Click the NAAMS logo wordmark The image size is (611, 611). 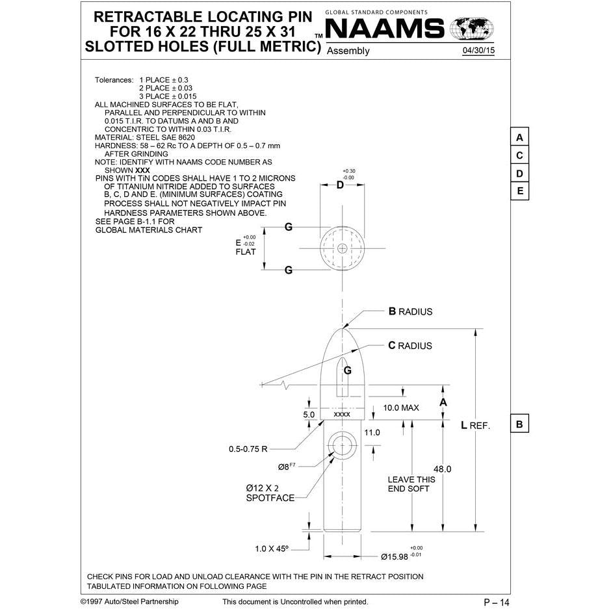[384, 29]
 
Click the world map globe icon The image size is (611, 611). [472, 29]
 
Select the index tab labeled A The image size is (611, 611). [519, 138]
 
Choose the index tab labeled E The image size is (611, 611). [519, 191]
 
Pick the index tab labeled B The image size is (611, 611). [519, 424]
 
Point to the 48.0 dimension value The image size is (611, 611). [442, 469]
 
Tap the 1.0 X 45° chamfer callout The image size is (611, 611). [272, 549]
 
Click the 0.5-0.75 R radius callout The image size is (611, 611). [248, 448]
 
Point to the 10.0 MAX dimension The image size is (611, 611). [401, 408]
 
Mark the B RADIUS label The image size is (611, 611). [410, 311]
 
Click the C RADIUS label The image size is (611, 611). [409, 346]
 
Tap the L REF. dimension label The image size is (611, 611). [474, 425]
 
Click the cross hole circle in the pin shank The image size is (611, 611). [343, 445]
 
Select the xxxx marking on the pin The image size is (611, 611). [342, 414]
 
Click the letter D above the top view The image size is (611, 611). [340, 185]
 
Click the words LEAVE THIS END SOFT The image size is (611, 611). [411, 484]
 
